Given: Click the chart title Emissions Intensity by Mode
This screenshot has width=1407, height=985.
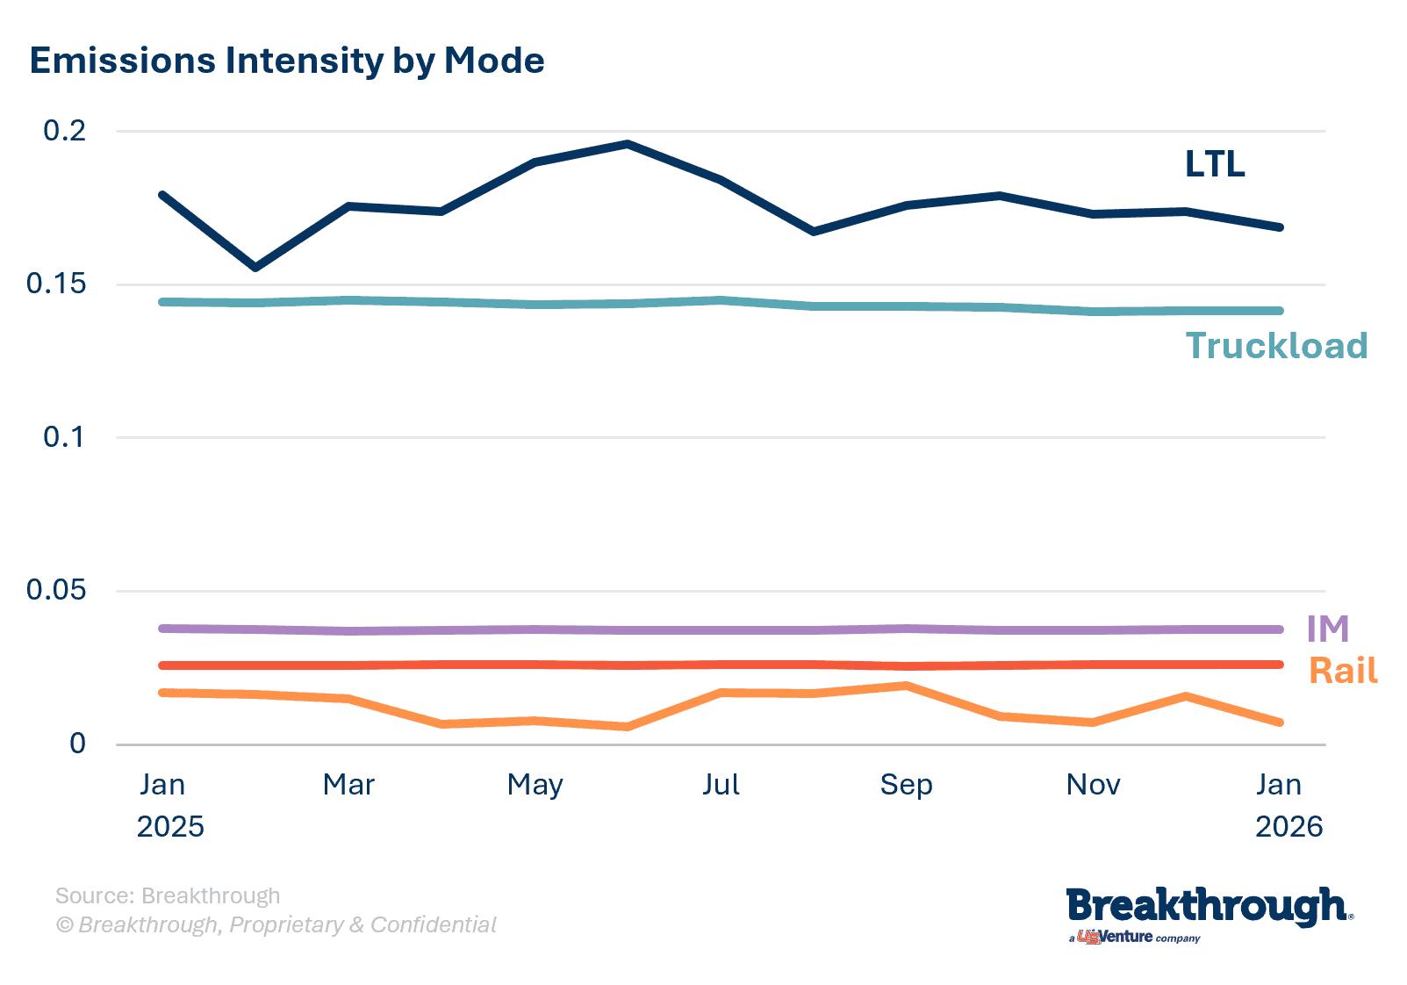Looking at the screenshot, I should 287,61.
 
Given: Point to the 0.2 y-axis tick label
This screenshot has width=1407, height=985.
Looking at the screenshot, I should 65,131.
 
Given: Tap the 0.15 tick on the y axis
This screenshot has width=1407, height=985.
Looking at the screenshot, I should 56,284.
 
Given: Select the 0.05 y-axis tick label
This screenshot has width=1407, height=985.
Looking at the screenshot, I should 56,589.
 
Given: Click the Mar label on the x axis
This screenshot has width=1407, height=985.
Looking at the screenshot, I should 348,784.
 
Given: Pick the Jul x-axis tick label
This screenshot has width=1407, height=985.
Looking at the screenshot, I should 721,784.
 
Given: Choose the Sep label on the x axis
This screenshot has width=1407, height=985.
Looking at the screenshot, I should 906,784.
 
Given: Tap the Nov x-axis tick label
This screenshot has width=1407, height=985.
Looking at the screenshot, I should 1093,784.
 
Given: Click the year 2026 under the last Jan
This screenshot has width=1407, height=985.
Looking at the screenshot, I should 1289,826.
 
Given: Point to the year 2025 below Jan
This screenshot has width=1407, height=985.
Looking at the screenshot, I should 170,826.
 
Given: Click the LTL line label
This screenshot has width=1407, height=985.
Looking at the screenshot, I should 1215,164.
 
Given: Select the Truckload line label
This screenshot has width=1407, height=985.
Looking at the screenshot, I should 1276,346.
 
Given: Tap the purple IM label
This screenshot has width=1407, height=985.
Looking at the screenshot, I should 1327,629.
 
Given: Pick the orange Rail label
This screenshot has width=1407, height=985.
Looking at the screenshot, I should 1343,671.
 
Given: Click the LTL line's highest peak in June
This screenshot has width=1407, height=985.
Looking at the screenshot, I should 628,144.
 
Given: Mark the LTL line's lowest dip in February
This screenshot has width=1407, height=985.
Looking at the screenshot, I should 255,267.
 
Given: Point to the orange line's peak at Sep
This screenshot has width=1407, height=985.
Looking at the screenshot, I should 906,686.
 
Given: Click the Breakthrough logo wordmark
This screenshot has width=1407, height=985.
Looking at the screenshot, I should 1208,907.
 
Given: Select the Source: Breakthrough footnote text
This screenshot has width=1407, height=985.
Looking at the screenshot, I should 168,895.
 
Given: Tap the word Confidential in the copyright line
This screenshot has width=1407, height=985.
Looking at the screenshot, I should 434,924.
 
